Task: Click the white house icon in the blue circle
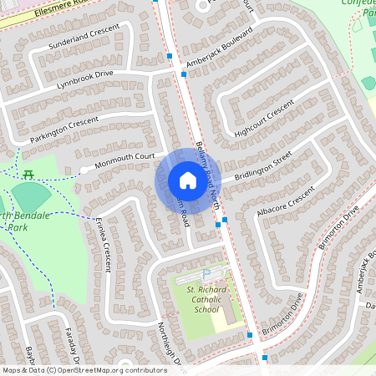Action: click(187, 180)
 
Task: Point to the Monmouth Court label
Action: click(124, 157)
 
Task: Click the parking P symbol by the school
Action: click(206, 274)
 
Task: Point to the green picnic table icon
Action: click(28, 174)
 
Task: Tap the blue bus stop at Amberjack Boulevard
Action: click(184, 74)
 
